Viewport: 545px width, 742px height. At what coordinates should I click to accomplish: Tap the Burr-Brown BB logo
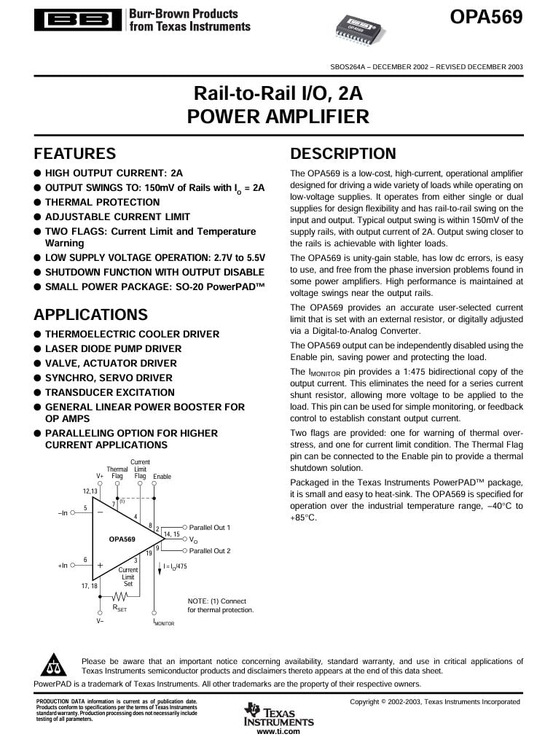tap(78, 20)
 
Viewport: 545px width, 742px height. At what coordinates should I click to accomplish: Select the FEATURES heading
tap(75, 154)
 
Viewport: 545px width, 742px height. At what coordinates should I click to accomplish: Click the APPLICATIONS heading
tap(90, 315)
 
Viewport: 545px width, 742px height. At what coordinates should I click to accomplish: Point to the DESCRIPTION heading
tap(343, 154)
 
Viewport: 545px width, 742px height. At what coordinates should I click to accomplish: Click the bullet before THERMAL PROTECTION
tap(38, 203)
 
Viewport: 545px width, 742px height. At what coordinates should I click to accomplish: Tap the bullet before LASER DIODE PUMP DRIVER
tap(38, 349)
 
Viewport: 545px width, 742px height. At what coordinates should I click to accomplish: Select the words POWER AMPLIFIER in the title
tap(278, 117)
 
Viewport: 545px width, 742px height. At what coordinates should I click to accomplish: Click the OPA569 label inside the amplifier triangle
tap(122, 539)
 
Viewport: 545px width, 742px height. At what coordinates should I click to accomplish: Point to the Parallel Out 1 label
tap(210, 527)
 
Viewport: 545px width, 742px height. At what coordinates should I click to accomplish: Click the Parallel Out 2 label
tap(210, 551)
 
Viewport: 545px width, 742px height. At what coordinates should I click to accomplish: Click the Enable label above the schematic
tap(162, 477)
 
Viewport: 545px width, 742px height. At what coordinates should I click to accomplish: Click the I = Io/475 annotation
tap(175, 566)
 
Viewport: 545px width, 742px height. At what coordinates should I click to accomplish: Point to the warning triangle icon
tap(54, 665)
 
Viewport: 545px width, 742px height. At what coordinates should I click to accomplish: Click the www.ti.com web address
tap(278, 731)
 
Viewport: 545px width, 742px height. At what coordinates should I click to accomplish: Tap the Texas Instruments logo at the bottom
tap(278, 715)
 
